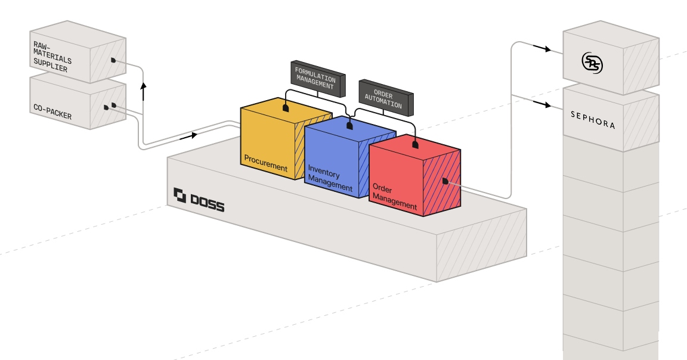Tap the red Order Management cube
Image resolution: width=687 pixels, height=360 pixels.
point(414,175)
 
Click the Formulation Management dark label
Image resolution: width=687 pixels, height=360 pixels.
point(318,79)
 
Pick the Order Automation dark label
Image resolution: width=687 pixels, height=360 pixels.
point(386,98)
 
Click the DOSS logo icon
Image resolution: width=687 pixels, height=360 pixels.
point(180,195)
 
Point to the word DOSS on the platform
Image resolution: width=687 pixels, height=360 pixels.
point(208,204)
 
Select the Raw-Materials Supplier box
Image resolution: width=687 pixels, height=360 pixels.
point(78,52)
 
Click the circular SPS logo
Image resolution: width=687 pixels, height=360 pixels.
point(592,63)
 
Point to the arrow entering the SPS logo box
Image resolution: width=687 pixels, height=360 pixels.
point(542,48)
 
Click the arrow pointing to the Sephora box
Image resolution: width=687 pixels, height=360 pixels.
point(542,104)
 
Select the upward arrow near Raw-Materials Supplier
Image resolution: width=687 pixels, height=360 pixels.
point(143,91)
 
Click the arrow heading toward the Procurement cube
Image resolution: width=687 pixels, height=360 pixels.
point(188,136)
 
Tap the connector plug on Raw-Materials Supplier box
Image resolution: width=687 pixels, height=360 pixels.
point(113,60)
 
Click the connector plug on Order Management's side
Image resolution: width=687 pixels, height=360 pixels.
point(445,181)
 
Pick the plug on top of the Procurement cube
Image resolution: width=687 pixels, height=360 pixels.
point(286,108)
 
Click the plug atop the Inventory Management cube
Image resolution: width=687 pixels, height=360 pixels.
point(349,126)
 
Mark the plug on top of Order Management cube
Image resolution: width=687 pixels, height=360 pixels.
point(415,144)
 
